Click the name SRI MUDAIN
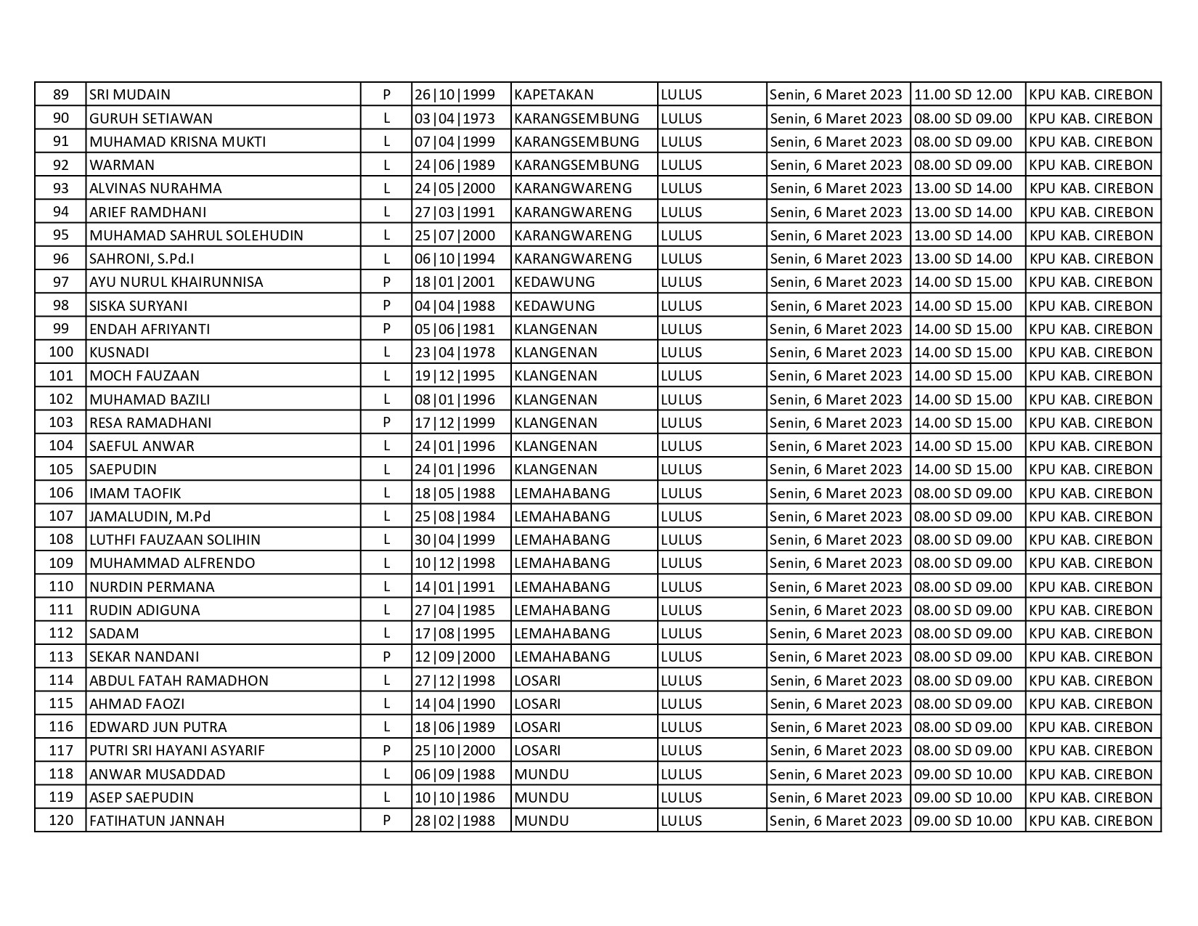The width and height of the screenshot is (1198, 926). click(130, 94)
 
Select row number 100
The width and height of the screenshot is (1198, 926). click(61, 352)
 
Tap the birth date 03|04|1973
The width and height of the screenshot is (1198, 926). click(455, 118)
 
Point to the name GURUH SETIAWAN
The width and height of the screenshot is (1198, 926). click(151, 118)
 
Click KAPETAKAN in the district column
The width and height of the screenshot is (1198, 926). click(554, 94)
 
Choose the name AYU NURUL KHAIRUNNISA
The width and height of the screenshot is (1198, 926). click(176, 282)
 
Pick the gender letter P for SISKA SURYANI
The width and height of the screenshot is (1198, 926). click(387, 306)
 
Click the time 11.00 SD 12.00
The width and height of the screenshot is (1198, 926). click(963, 94)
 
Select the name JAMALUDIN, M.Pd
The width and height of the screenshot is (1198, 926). click(150, 516)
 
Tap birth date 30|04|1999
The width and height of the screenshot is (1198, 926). click(455, 540)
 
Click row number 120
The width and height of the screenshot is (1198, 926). click(61, 821)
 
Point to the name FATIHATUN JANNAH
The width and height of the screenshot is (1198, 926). click(157, 821)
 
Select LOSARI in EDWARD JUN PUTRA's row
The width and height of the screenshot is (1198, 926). click(537, 727)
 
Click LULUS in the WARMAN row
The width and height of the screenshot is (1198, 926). click(682, 165)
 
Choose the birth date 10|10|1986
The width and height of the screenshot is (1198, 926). click(455, 797)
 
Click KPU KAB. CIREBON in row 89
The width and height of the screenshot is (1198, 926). click(1091, 94)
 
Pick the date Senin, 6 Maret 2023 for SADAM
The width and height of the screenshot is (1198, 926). click(836, 633)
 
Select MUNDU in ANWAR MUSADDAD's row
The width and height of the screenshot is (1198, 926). click(542, 774)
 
